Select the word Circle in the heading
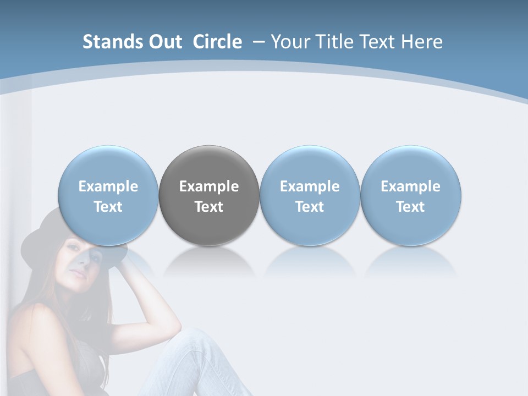[217, 42]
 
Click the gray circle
[209, 195]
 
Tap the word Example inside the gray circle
[209, 186]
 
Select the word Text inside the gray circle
[209, 207]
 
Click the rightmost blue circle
[411, 195]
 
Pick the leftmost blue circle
[108, 195]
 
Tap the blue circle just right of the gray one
[310, 195]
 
